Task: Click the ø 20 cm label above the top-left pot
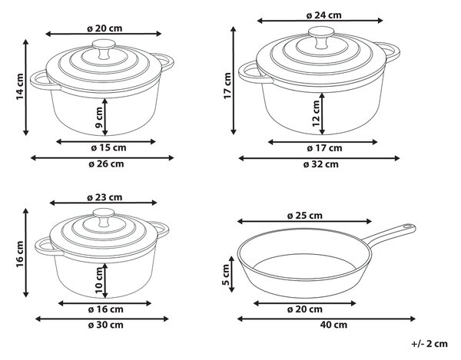point(104,28)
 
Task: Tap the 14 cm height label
point(20,87)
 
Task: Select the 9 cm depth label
point(99,117)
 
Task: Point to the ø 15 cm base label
point(108,147)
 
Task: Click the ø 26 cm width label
point(106,163)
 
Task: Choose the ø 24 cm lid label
point(324,15)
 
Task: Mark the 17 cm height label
point(227,86)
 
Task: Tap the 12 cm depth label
point(316,114)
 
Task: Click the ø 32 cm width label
point(321,164)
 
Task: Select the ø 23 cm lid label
point(104,197)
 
